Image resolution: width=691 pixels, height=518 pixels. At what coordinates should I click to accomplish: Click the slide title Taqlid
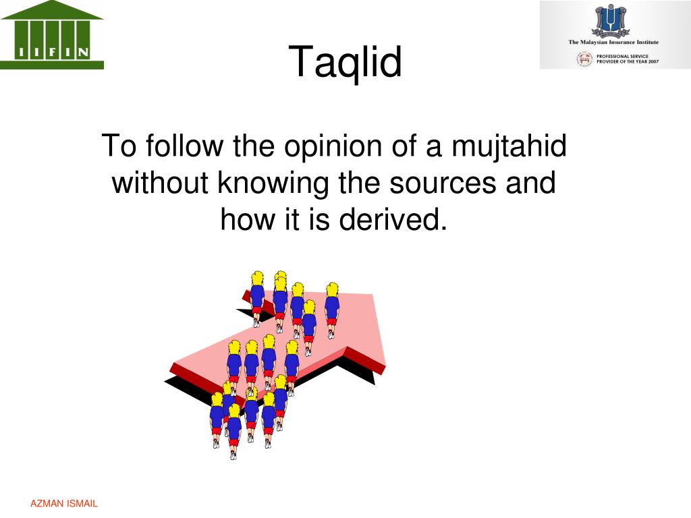click(x=345, y=61)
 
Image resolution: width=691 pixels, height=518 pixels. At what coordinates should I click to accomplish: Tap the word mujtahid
click(x=509, y=146)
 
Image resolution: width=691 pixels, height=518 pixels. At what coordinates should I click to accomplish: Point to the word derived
click(x=393, y=219)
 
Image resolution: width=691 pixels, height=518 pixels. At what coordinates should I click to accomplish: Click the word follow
click(x=185, y=146)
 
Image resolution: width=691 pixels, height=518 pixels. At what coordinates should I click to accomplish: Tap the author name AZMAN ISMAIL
click(x=64, y=503)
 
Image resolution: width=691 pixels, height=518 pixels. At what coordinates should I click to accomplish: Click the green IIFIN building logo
click(x=51, y=35)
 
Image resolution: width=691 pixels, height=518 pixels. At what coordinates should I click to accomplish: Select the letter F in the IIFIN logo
click(x=52, y=53)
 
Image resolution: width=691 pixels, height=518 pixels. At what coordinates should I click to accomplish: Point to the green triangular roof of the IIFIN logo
click(x=51, y=9)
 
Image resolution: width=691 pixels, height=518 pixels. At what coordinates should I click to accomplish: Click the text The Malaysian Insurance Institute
click(x=613, y=42)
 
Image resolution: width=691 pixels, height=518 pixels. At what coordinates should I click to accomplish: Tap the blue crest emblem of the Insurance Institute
click(x=610, y=21)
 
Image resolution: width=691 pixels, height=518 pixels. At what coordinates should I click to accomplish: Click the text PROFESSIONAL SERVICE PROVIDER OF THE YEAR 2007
click(x=628, y=59)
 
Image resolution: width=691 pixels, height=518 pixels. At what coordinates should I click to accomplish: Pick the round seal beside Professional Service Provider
click(x=585, y=59)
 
